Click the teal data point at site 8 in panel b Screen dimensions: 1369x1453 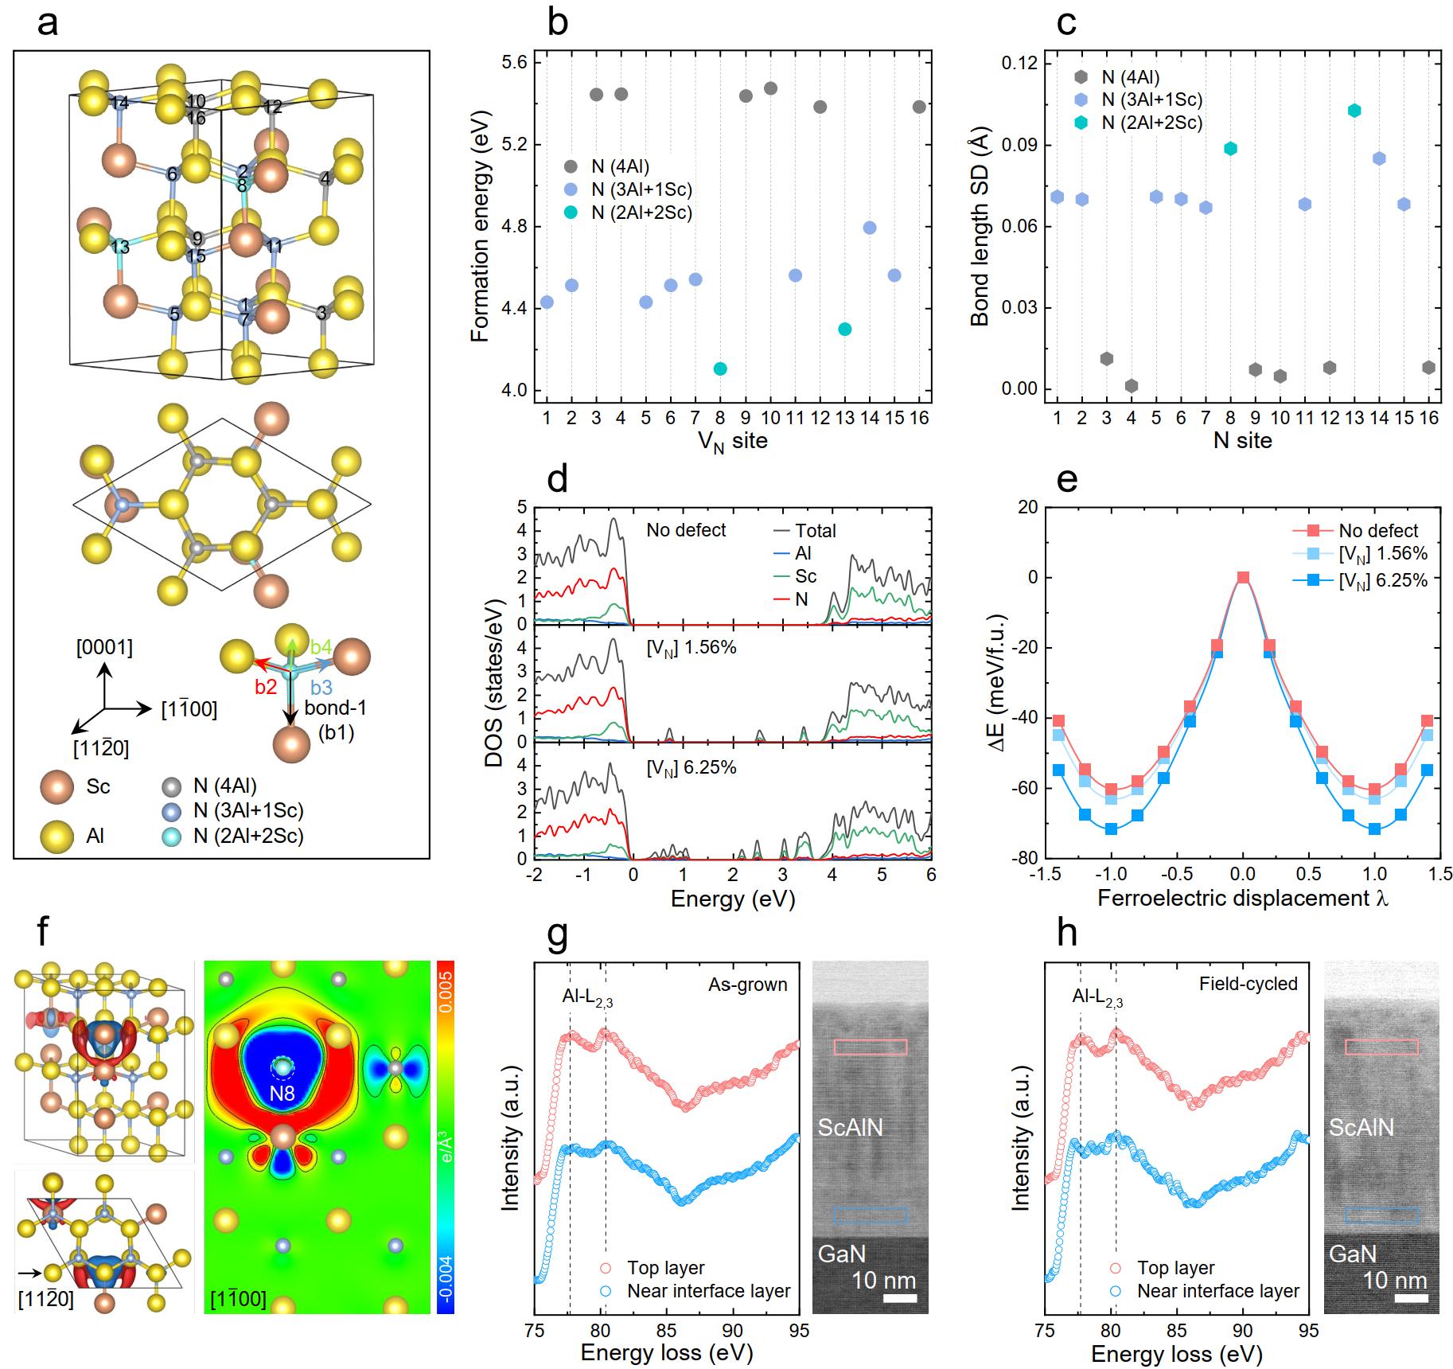720,369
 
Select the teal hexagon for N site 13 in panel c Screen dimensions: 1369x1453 1354,111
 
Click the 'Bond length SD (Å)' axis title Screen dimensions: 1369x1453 980,230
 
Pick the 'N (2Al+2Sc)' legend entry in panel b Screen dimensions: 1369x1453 641,213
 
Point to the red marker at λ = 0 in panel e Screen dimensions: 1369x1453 1243,577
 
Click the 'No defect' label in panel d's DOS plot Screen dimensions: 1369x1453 686,530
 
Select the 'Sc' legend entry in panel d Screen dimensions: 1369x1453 805,576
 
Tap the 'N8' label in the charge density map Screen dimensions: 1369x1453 282,1094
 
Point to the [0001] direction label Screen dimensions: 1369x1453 104,647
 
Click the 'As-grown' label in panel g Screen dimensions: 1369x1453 747,985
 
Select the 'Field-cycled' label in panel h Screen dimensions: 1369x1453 1248,983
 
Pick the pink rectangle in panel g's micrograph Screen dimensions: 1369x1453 870,1047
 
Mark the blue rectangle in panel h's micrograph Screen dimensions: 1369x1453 1381,1214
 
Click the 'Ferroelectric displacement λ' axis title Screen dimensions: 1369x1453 1243,898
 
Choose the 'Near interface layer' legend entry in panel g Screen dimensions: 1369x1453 708,1290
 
